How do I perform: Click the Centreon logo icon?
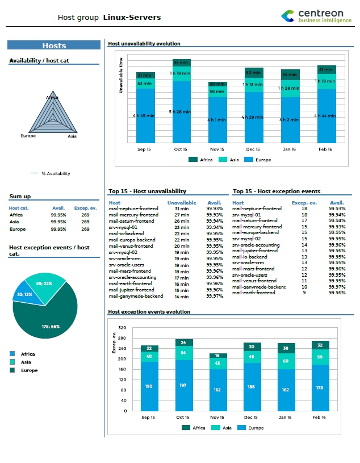point(288,16)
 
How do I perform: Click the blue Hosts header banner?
point(54,45)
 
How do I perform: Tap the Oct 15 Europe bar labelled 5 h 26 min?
point(181,112)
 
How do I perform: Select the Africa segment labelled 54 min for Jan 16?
point(289,75)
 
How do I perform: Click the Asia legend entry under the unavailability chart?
point(231,160)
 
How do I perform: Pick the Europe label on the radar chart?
point(28,136)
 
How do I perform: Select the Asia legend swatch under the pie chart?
point(12,362)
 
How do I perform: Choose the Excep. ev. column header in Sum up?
point(82,208)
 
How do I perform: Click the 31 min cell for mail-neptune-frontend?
point(181,208)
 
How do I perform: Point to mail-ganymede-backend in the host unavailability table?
point(136,296)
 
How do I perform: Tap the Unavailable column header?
point(182,202)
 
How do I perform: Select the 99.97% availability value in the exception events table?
point(337,286)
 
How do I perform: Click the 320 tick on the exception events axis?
point(122,328)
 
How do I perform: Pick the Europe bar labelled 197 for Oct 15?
point(183,385)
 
